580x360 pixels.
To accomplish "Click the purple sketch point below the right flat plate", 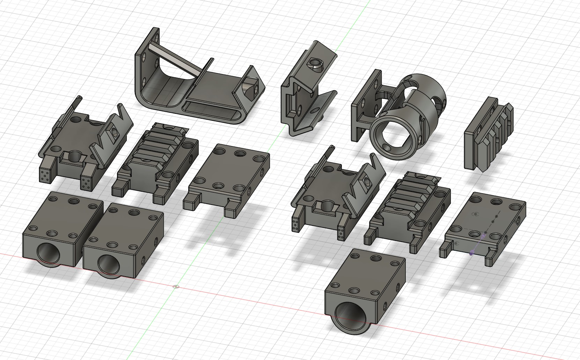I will (x=471, y=254).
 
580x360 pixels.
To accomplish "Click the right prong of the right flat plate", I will (x=491, y=257).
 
